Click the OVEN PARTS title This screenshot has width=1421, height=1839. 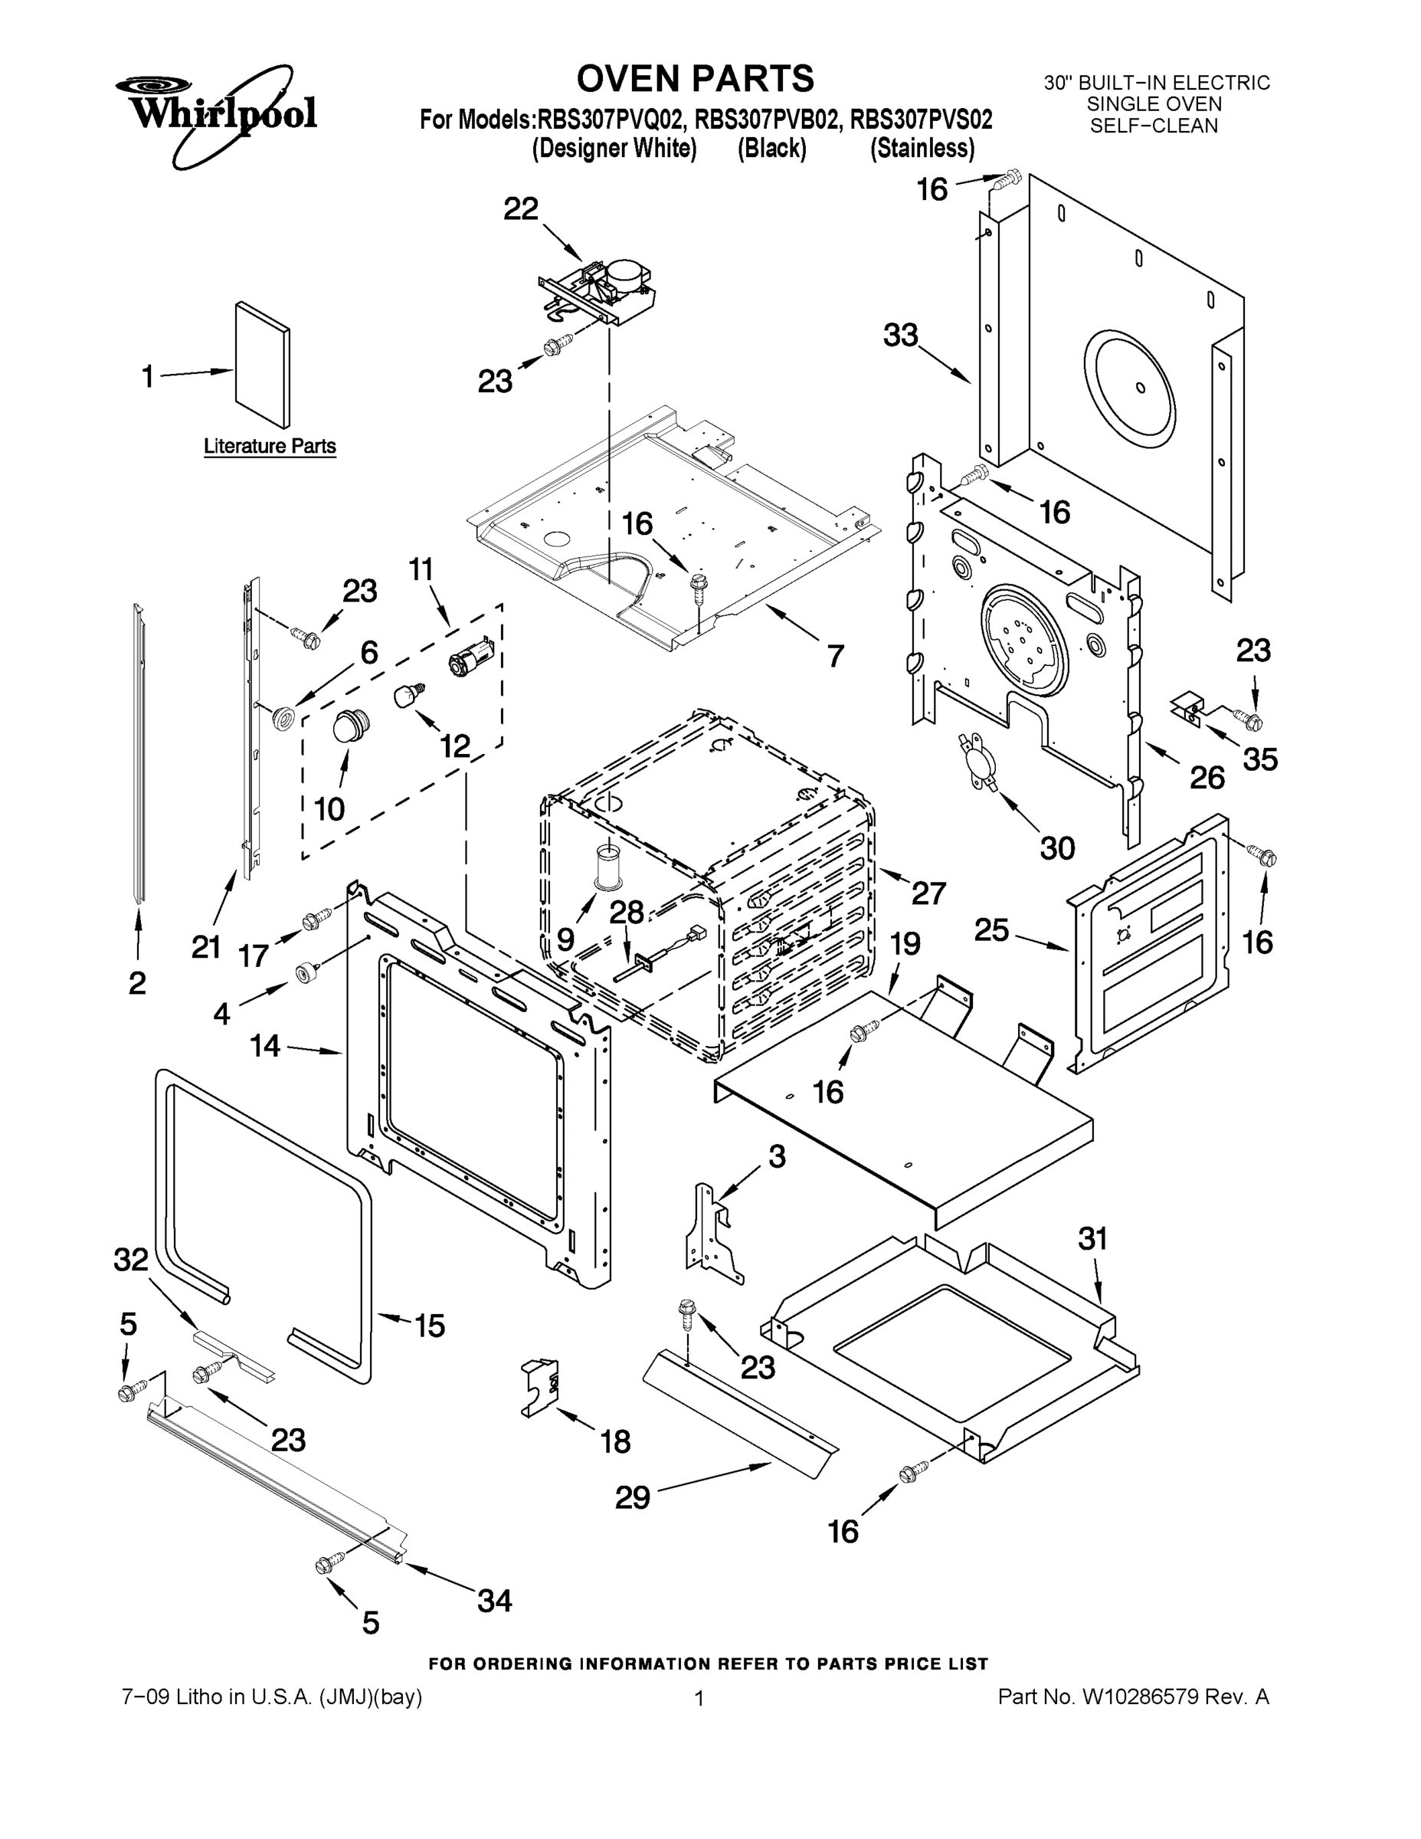pyautogui.click(x=695, y=78)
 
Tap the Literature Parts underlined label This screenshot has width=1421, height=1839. pyautogui.click(x=270, y=446)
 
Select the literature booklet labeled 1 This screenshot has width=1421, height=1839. pyautogui.click(x=263, y=364)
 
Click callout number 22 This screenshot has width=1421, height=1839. pyautogui.click(x=520, y=209)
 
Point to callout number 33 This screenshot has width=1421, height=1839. pyautogui.click(x=900, y=335)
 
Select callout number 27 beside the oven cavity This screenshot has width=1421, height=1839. pyautogui.click(x=928, y=893)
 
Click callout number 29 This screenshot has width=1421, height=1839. pyautogui.click(x=632, y=1497)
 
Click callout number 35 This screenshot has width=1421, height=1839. pyautogui.click(x=1260, y=759)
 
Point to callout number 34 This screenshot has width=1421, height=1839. pyautogui.click(x=494, y=1600)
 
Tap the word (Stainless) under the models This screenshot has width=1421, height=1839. pyautogui.click(x=922, y=149)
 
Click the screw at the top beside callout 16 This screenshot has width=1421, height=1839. pyautogui.click(x=1010, y=178)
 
